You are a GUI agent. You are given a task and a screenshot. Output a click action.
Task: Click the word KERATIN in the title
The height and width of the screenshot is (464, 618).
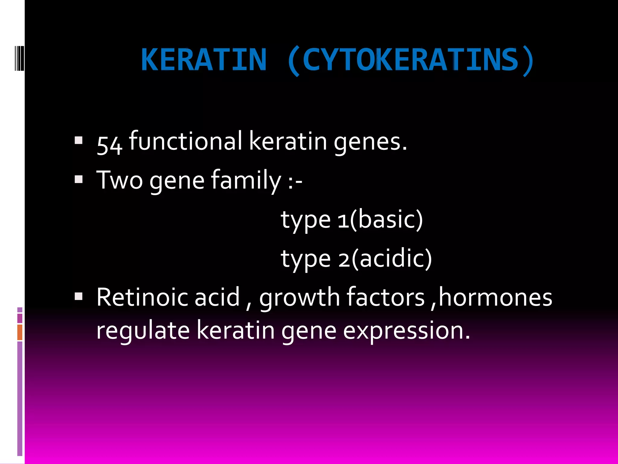(204, 60)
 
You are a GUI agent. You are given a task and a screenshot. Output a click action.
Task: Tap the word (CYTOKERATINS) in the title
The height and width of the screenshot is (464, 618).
(410, 60)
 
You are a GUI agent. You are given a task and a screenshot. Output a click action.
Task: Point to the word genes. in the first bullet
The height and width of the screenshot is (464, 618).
(370, 142)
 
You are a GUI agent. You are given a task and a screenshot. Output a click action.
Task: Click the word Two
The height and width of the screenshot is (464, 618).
(119, 180)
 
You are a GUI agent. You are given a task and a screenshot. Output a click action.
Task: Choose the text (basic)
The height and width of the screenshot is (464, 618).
(387, 220)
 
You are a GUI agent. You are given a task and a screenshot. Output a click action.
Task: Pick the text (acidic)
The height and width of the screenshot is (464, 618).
(392, 259)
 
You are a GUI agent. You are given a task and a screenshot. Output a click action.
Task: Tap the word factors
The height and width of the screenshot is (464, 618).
(386, 297)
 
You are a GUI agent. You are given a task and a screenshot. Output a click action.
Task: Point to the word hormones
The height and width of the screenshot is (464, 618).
(495, 297)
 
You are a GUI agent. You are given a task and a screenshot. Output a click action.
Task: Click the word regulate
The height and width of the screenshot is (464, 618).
(143, 330)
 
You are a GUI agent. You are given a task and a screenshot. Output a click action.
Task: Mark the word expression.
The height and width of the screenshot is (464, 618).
(406, 330)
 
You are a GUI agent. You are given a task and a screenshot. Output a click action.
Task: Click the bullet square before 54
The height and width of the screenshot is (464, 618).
(78, 140)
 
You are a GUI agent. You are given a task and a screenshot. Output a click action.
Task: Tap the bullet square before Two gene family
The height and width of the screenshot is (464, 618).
(78, 180)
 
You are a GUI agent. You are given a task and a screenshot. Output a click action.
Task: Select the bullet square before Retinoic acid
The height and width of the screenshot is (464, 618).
(78, 297)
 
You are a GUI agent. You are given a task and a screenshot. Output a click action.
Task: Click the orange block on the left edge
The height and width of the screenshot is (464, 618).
(20, 332)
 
